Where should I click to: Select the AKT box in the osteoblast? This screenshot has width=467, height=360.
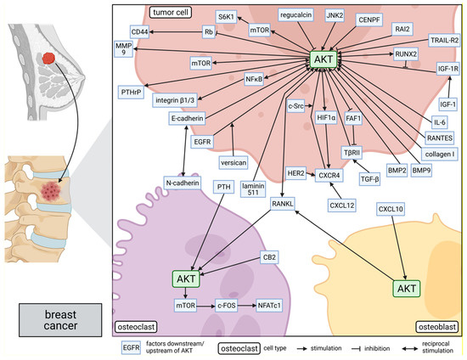click(406, 290)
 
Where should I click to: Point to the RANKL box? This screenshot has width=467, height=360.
click(282, 204)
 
